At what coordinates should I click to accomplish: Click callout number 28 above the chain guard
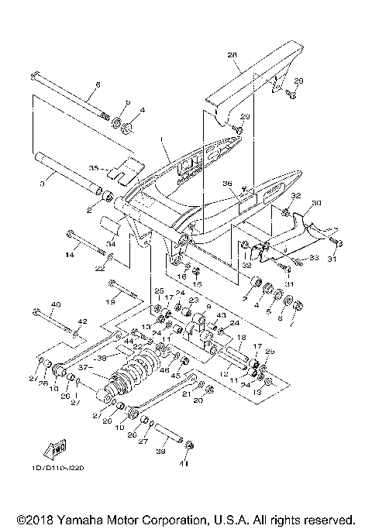click(x=231, y=56)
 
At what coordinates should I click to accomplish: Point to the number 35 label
click(x=94, y=167)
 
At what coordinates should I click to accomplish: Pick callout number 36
click(x=227, y=184)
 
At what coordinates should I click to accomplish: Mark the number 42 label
click(x=84, y=321)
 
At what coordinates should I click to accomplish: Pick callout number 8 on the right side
click(x=278, y=318)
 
